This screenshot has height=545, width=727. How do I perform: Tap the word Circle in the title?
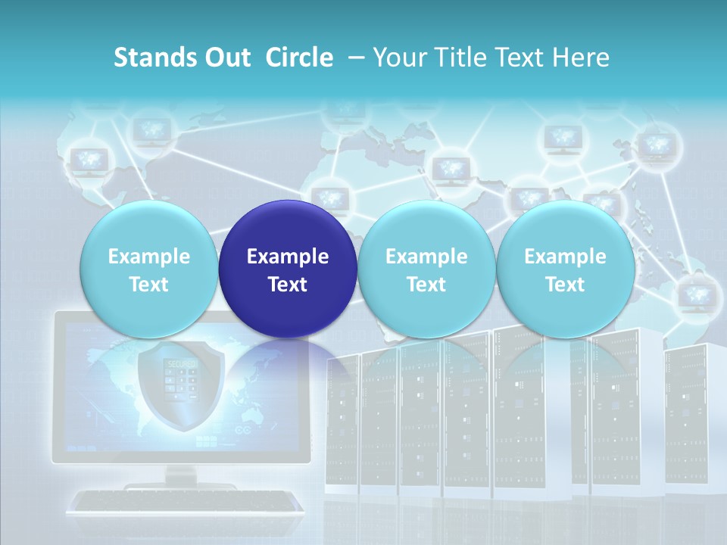coord(299,58)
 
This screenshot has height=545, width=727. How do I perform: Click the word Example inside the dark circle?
coord(288,257)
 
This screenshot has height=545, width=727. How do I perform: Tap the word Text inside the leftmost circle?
coord(148,285)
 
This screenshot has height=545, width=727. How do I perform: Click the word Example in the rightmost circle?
coord(565,257)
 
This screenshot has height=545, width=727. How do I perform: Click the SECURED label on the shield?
coord(182,364)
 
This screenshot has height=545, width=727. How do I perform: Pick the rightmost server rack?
coord(693,416)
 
